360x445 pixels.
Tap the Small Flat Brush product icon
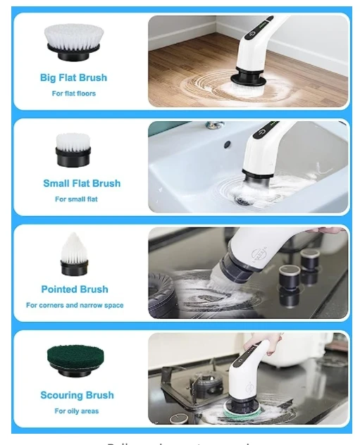click(73, 149)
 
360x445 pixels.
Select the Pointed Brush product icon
click(73, 255)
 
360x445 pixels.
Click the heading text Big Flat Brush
click(73, 78)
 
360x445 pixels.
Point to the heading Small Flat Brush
click(82, 184)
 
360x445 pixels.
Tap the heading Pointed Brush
click(75, 289)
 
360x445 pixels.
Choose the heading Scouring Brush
click(77, 396)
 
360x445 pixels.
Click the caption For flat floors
click(74, 94)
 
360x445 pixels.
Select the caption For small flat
click(76, 199)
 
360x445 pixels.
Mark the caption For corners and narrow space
click(75, 306)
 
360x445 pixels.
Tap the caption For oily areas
click(77, 411)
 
